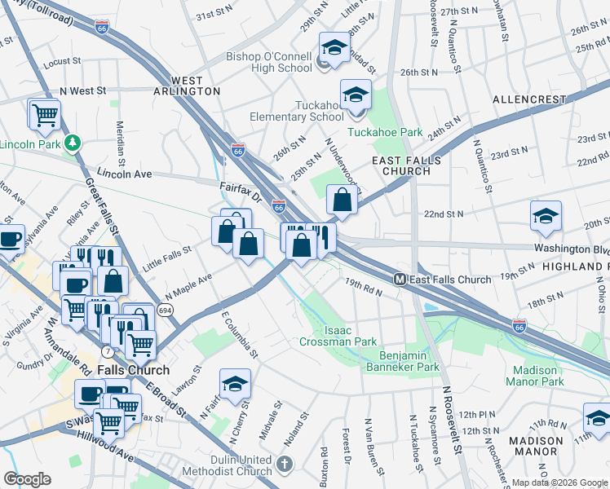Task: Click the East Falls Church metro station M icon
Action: tap(401, 280)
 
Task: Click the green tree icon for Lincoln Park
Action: tap(73, 143)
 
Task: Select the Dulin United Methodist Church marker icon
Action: tap(284, 465)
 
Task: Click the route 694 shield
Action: tap(165, 311)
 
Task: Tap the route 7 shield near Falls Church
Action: tap(107, 350)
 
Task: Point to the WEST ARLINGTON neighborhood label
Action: tap(197, 86)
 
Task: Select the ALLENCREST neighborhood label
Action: tap(529, 99)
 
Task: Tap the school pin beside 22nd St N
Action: tap(546, 216)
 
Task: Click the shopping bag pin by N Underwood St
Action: tap(343, 200)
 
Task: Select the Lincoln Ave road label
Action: tap(125, 174)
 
